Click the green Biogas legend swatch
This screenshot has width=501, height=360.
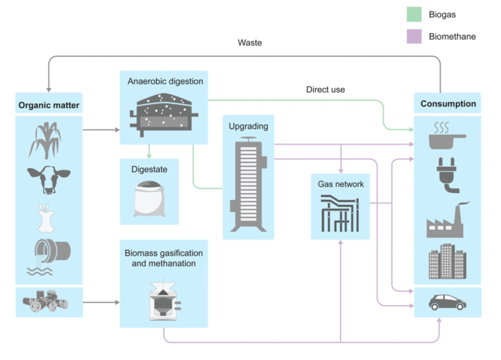tap(415, 14)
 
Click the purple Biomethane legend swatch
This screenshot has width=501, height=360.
tap(415, 37)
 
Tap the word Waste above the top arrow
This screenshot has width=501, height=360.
tap(250, 43)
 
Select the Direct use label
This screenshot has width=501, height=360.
tap(326, 89)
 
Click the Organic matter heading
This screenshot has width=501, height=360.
tap(49, 104)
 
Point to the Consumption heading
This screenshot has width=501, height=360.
tap(448, 104)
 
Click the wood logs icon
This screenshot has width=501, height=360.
tap(48, 302)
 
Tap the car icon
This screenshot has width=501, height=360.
tap(448, 302)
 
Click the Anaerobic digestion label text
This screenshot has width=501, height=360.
tap(166, 82)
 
